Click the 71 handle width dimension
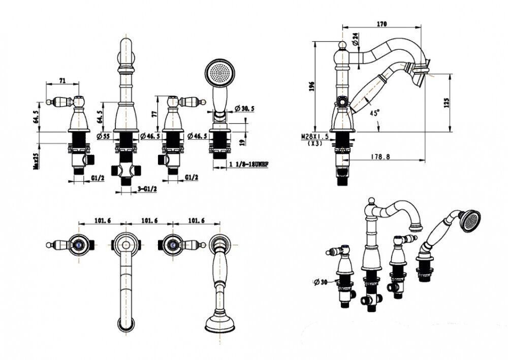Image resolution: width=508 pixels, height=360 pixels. (62, 80)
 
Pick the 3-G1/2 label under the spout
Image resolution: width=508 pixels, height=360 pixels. (147, 189)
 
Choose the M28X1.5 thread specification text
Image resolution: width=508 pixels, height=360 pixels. (316, 137)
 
